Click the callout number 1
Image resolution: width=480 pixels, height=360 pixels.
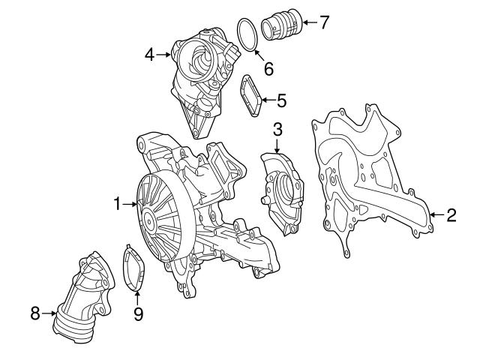117,203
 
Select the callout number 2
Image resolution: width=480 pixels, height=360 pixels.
451,217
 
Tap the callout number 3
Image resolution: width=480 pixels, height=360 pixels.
277,130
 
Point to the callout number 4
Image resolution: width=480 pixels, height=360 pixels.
150,55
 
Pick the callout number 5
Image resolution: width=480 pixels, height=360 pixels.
281,98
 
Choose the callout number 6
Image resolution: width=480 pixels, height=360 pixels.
268,68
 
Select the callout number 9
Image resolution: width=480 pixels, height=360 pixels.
137,314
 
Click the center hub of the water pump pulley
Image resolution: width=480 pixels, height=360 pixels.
148,220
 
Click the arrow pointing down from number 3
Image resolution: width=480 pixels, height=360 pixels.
277,147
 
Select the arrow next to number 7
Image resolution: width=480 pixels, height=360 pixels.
307,22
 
